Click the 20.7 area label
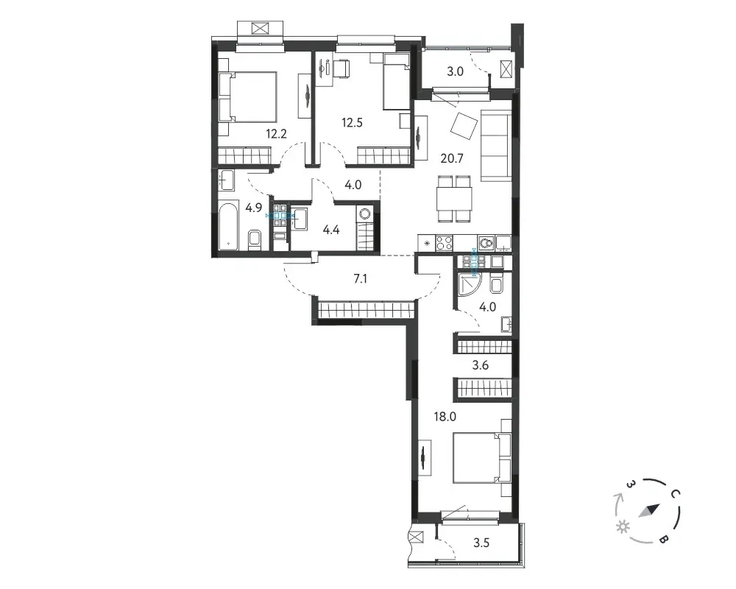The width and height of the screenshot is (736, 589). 452,158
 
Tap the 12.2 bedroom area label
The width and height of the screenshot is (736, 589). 276,134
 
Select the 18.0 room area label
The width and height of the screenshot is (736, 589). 445,416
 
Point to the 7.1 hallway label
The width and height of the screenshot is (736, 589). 360,279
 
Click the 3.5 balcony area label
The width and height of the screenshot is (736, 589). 481,543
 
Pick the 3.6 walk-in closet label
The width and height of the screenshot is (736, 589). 481,365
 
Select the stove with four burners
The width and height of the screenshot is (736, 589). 444,243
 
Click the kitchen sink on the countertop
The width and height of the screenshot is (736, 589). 486,243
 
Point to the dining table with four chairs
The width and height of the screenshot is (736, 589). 454,198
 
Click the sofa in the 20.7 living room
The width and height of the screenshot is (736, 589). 495,146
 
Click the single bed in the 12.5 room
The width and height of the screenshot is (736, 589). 396,81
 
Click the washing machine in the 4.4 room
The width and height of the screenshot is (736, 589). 364,215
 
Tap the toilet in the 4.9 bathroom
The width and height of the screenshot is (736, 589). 255,239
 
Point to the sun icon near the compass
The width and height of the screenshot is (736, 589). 623,527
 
